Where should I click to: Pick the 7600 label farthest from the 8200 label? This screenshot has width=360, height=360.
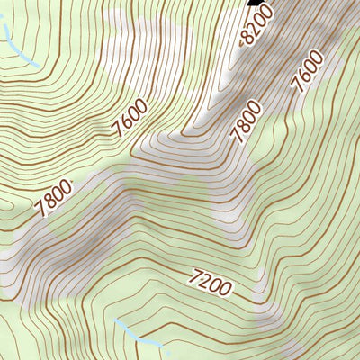pos(130,119)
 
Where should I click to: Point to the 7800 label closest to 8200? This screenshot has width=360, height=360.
pos(246,122)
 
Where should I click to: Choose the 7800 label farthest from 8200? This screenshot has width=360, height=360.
pos(53,198)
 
